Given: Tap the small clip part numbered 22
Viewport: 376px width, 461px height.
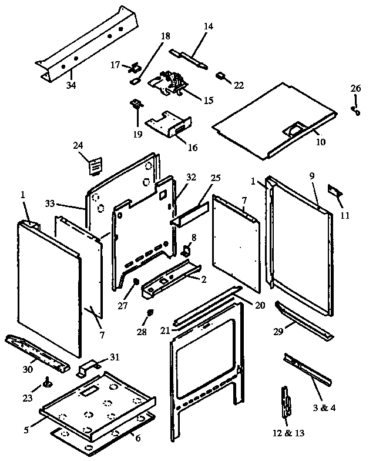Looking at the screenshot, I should pyautogui.click(x=222, y=76).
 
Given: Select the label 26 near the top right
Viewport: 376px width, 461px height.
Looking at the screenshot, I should pyautogui.click(x=356, y=88).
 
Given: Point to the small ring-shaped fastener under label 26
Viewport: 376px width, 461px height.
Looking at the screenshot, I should pyautogui.click(x=357, y=110).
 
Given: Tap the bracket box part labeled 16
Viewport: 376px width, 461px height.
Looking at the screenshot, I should pyautogui.click(x=170, y=125).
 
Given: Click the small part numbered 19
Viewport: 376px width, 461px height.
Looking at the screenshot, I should pyautogui.click(x=137, y=105).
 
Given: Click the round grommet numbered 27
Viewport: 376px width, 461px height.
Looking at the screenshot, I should pyautogui.click(x=136, y=282).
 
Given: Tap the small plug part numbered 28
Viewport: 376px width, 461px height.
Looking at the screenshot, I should pyautogui.click(x=149, y=312).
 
